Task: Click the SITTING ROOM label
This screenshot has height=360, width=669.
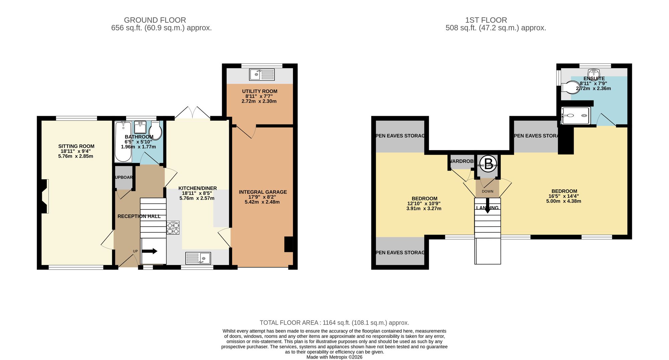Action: pos(76,146)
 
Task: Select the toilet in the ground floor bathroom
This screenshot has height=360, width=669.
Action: pos(156,130)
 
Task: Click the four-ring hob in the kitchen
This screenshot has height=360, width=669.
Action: pos(173,228)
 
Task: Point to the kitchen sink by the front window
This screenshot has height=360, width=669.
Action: pos(198,258)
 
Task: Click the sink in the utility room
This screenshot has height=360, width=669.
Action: pos(262,74)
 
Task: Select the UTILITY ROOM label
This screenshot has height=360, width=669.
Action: pos(260,91)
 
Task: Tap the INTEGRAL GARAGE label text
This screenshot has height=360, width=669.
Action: pos(263,192)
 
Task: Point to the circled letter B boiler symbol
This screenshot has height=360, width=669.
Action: pos(488,164)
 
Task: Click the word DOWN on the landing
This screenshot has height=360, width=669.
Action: pos(487,191)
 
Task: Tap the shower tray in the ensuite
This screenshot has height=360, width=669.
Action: pos(575,115)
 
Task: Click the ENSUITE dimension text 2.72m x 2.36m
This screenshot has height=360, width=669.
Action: pos(593,89)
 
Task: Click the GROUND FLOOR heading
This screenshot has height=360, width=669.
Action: pos(155,20)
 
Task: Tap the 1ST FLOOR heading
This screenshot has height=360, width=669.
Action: pos(486,20)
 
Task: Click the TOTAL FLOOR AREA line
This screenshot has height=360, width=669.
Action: pos(334,323)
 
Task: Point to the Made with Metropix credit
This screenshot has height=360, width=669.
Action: pos(334,357)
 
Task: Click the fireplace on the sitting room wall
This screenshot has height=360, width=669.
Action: pos(44,196)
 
